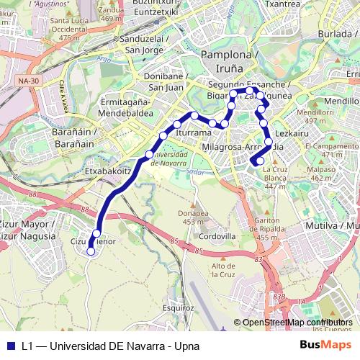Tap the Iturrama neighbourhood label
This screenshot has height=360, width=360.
point(192,133)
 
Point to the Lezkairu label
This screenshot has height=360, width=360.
point(292,134)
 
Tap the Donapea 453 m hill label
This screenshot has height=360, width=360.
point(192,217)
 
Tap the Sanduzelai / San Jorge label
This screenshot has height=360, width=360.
point(145,44)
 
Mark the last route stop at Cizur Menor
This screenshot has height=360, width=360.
point(91,251)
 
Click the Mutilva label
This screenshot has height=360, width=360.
point(338,226)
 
